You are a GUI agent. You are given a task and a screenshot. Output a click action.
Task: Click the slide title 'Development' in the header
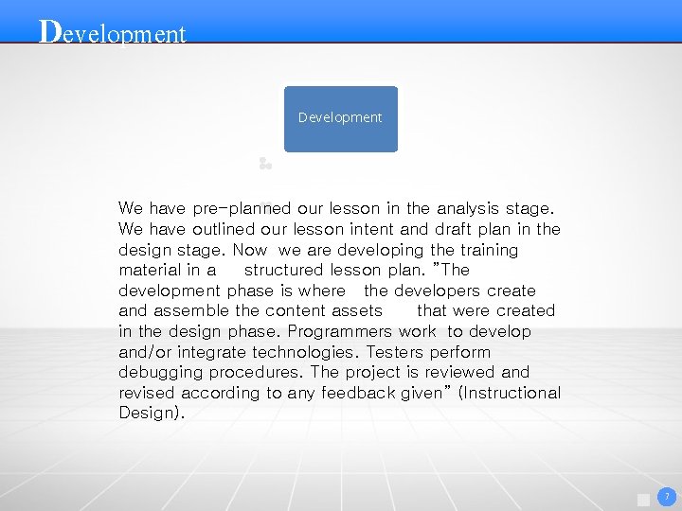(x=113, y=32)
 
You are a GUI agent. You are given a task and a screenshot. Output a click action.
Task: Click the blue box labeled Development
(x=341, y=118)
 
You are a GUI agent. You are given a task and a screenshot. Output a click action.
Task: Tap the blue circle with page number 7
(x=667, y=496)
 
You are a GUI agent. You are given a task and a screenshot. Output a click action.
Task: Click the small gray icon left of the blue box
(x=265, y=164)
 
